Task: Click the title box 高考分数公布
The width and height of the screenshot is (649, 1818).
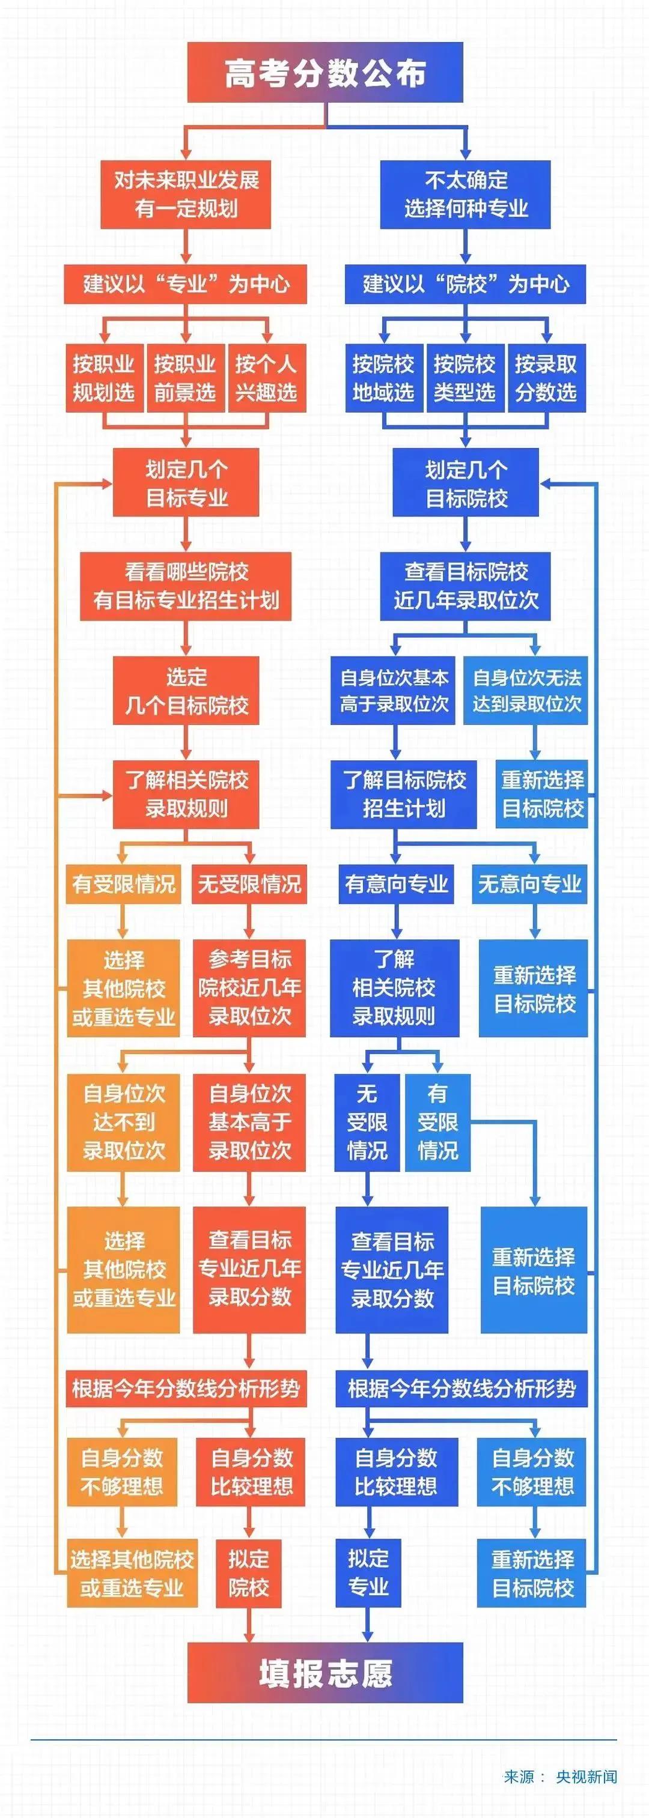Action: pyautogui.click(x=325, y=72)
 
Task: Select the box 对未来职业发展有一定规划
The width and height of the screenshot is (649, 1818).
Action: pyautogui.click(x=186, y=194)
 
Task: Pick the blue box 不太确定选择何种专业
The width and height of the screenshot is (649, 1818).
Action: pyautogui.click(x=465, y=194)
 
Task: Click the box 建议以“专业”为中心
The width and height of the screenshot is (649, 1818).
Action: pyautogui.click(x=185, y=285)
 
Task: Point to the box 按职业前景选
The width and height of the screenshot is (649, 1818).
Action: pyautogui.click(x=185, y=378)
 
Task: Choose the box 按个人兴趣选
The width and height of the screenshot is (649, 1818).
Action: pyautogui.click(x=266, y=378)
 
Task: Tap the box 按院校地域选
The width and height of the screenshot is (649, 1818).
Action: pyautogui.click(x=383, y=378)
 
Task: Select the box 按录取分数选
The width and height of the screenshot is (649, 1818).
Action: pyautogui.click(x=546, y=378)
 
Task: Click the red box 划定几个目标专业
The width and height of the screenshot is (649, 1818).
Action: pyautogui.click(x=186, y=483)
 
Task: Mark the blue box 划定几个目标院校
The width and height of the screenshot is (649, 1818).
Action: pyautogui.click(x=465, y=483)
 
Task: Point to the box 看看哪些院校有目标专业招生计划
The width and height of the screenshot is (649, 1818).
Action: pyautogui.click(x=186, y=586)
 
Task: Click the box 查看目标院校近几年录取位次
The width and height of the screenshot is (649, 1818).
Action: pyautogui.click(x=465, y=586)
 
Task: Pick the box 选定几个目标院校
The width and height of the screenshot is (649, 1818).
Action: pyautogui.click(x=186, y=690)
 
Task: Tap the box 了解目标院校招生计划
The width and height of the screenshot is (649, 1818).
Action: pyautogui.click(x=403, y=794)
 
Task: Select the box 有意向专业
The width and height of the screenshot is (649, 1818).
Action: pyautogui.click(x=396, y=883)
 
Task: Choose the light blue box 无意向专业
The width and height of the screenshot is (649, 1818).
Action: pyautogui.click(x=529, y=883)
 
